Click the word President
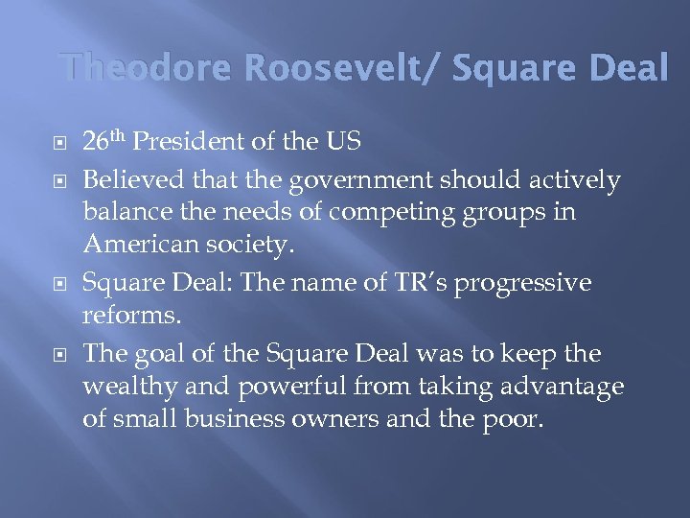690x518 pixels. click(192, 144)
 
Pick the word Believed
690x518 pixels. click(127, 179)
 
